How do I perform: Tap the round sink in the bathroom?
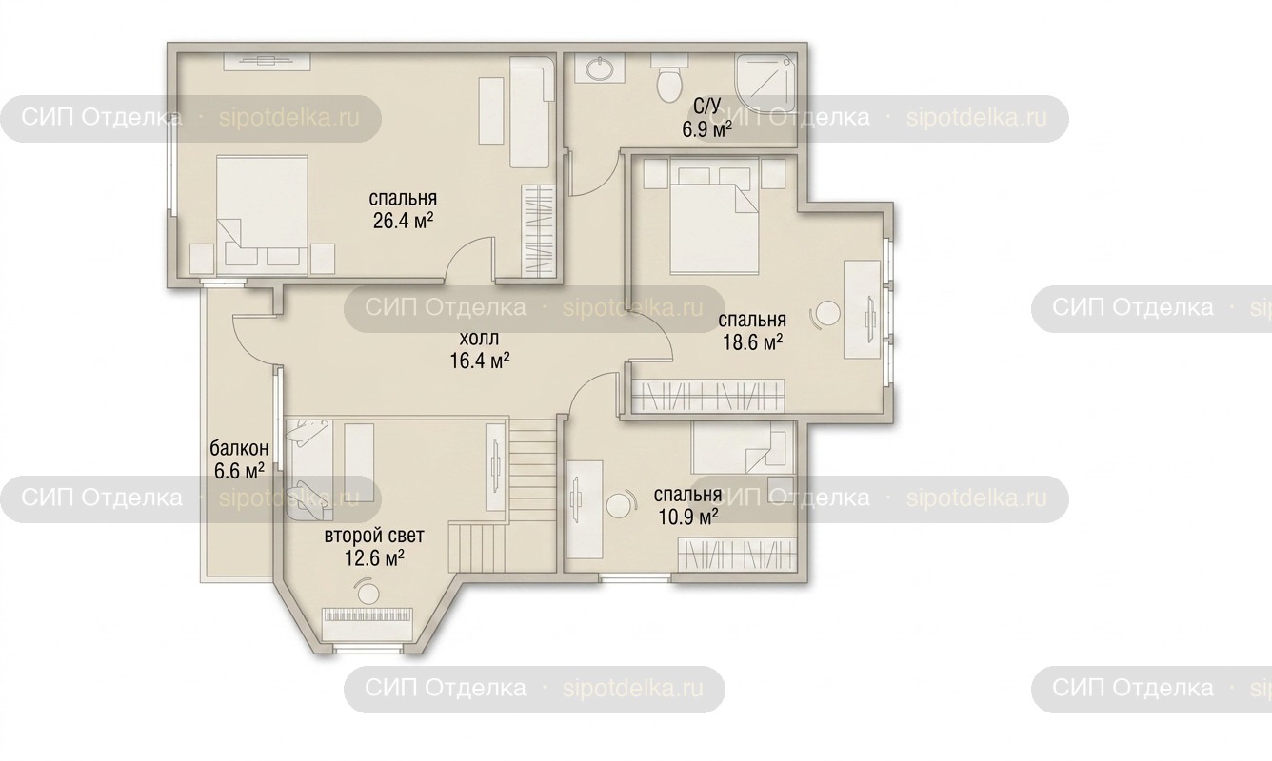599,69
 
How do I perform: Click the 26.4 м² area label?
403,221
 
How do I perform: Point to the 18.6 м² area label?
752,342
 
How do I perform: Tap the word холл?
479,339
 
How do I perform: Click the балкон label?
239,448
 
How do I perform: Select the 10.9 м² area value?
687,517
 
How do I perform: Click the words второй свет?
374,536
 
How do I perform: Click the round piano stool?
368,592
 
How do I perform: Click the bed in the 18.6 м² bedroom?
714,216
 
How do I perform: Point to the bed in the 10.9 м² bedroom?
743,448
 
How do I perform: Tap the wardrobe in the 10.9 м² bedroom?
736,555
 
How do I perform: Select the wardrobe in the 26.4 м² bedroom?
538,231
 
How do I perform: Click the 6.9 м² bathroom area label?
706,130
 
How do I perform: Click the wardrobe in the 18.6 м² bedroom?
708,396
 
